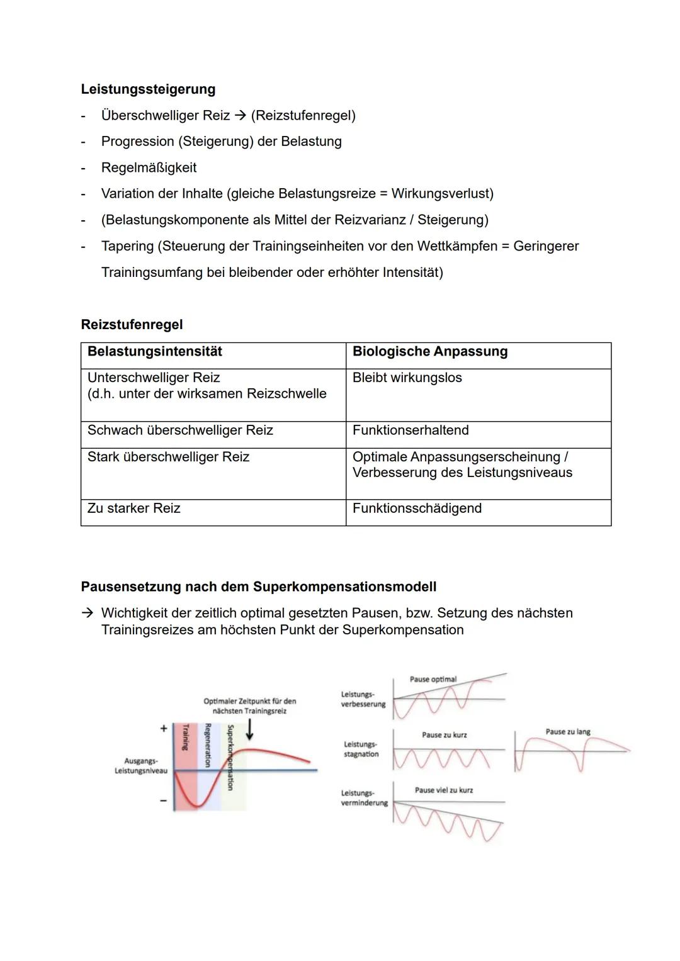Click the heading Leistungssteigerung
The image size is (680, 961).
click(148, 89)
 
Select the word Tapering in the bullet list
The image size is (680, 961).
click(127, 246)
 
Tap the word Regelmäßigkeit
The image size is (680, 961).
click(149, 167)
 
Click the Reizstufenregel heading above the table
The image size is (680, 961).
click(132, 325)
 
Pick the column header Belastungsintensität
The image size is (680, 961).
click(154, 351)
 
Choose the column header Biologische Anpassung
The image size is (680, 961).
click(429, 351)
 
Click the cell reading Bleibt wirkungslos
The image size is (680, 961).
click(407, 378)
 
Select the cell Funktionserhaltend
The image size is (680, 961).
click(411, 430)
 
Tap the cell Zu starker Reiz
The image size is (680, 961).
click(133, 508)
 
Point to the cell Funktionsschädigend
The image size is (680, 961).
click(417, 508)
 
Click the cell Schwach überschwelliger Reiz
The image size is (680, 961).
click(180, 430)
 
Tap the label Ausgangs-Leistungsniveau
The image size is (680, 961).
click(141, 766)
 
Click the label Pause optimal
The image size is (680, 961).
click(433, 679)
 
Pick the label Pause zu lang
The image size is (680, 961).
click(567, 731)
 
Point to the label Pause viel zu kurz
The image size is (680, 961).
click(443, 790)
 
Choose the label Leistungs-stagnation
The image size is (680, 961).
click(361, 749)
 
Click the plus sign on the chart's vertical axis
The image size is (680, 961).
click(164, 728)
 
